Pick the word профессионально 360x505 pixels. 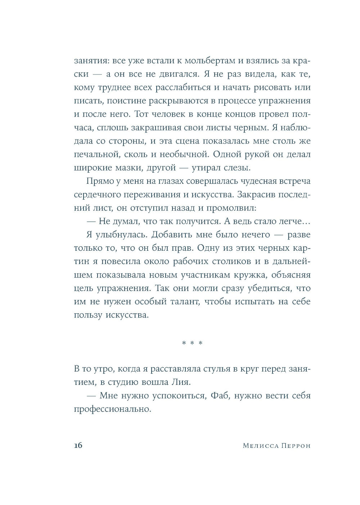pyautogui.click(x=112, y=409)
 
